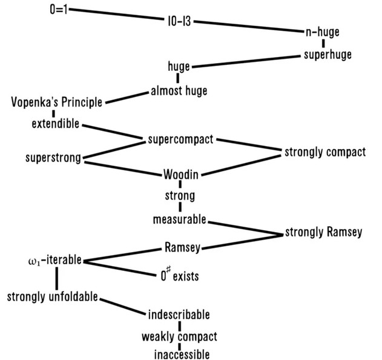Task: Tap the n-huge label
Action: [x=323, y=32]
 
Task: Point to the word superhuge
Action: [x=328, y=55]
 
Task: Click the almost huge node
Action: [x=179, y=91]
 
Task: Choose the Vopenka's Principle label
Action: [x=56, y=101]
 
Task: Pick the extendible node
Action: [x=55, y=124]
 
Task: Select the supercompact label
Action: [x=180, y=140]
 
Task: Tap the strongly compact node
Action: [x=325, y=152]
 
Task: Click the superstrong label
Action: [x=53, y=158]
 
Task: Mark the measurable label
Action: [x=180, y=218]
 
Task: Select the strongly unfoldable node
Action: [x=53, y=297]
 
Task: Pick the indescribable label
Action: [x=179, y=315]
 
